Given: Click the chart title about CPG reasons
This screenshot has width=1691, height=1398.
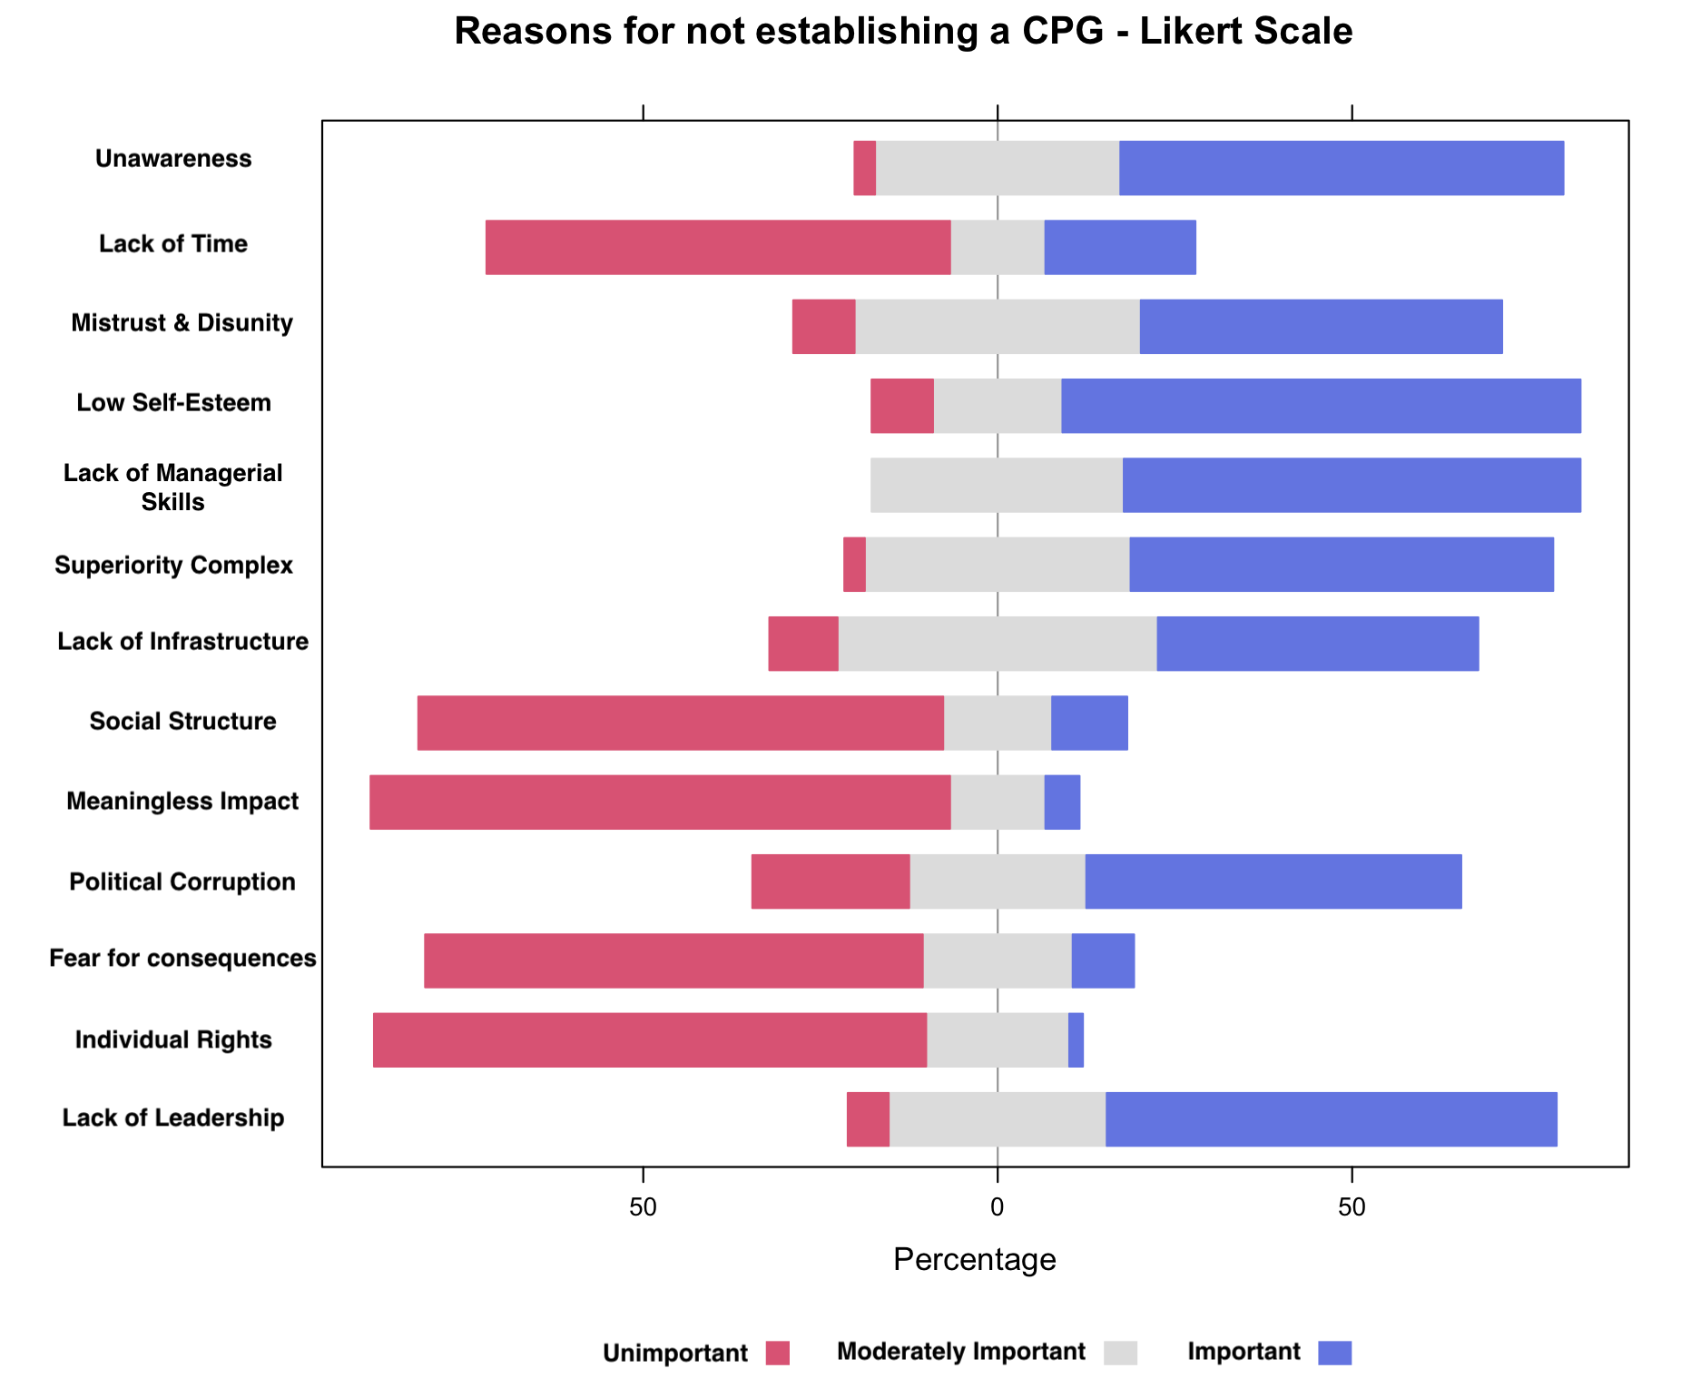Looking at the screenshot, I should pos(902,32).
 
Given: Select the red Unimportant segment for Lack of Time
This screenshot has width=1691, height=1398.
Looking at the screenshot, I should pos(717,247).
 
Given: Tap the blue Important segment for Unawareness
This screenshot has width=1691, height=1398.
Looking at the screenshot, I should pos(1341,168).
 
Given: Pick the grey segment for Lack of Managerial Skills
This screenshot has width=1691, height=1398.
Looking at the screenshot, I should pos(996,486).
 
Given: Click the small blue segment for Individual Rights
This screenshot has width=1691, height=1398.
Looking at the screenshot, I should pos(1076,1040).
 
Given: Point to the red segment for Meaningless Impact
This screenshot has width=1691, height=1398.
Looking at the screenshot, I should pos(660,802).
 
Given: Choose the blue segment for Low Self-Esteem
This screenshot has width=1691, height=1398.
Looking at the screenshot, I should pos(1321,406).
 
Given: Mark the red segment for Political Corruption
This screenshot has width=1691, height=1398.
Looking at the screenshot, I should pos(830,881).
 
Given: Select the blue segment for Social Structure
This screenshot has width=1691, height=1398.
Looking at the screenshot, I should pos(1089,724).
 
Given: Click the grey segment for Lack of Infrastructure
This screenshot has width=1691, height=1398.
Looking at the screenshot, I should pos(997,644).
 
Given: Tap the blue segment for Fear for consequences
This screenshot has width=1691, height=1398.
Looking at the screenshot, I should pos(1103,961).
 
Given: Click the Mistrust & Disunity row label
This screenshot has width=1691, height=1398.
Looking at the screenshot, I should pos(182,324).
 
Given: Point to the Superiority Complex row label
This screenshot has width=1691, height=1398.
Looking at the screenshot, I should pos(173,566).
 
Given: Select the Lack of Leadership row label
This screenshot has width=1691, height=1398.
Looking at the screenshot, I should pos(172,1118).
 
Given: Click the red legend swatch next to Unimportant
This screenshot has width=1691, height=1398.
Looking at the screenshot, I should pos(777,1354).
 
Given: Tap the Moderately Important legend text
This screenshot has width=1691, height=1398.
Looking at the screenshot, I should pos(960,1353).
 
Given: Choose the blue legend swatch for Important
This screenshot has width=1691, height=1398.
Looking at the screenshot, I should pos(1335,1354).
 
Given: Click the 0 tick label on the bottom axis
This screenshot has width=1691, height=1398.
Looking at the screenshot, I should pos(997,1206).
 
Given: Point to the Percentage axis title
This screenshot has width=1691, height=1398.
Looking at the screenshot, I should pos(974,1260).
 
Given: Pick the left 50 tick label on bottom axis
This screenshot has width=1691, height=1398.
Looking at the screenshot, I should pos(643,1206).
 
